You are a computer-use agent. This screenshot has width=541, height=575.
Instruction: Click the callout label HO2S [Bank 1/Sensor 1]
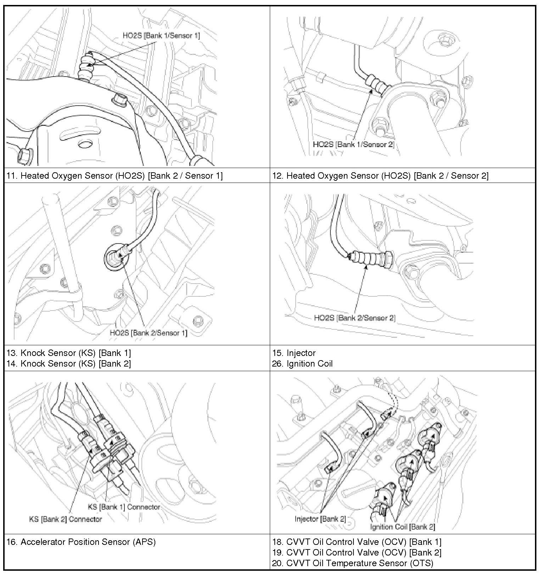(x=161, y=35)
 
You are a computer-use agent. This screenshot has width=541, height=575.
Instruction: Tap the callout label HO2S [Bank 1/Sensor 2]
(x=353, y=144)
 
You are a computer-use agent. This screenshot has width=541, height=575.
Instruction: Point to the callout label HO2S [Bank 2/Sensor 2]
(x=355, y=318)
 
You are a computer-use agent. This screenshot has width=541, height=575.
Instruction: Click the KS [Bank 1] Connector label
(x=124, y=507)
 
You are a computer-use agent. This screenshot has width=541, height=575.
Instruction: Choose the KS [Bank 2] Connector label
(x=65, y=519)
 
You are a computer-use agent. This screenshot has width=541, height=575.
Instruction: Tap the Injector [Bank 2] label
(x=320, y=519)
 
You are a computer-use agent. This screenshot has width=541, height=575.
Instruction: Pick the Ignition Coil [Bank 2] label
(x=402, y=527)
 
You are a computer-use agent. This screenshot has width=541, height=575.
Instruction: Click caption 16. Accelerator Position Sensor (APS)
(x=81, y=542)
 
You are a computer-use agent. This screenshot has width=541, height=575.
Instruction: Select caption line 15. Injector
(x=294, y=353)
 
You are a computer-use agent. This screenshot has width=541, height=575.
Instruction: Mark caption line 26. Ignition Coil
(x=302, y=363)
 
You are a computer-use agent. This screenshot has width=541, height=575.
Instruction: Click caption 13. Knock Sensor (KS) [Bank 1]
(x=69, y=353)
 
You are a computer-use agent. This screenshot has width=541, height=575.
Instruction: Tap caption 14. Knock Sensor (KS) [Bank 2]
(x=69, y=363)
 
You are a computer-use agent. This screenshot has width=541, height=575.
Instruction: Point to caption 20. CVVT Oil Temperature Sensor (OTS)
(x=353, y=563)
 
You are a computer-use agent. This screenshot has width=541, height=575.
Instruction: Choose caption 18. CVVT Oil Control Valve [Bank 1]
(x=357, y=542)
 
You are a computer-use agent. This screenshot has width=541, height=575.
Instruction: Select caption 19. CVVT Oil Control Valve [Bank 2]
(x=357, y=552)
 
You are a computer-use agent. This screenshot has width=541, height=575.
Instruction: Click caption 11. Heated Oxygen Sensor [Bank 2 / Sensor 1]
(x=115, y=175)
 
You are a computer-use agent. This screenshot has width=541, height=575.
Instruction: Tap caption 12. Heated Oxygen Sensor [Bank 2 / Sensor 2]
(x=380, y=175)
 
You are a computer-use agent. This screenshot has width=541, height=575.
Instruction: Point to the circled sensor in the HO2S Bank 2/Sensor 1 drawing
(x=117, y=256)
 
